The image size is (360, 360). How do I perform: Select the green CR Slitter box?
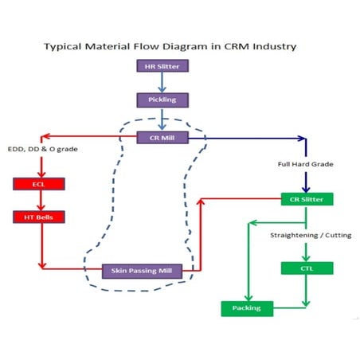pos(307,198)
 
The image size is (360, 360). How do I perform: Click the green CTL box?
pos(307,268)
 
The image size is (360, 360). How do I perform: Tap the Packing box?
pos(246,307)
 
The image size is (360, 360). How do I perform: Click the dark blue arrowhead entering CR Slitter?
pos(307,188)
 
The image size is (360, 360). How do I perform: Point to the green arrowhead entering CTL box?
pos(307,257)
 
